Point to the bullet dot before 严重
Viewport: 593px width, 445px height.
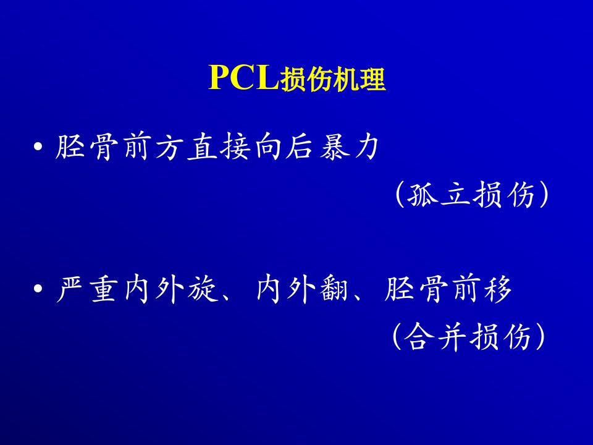[38, 289]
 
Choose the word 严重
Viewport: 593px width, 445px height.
[86, 289]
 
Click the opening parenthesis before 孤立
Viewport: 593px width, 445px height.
[400, 195]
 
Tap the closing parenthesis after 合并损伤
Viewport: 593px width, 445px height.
[541, 337]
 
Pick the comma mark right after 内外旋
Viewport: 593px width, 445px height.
[226, 298]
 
